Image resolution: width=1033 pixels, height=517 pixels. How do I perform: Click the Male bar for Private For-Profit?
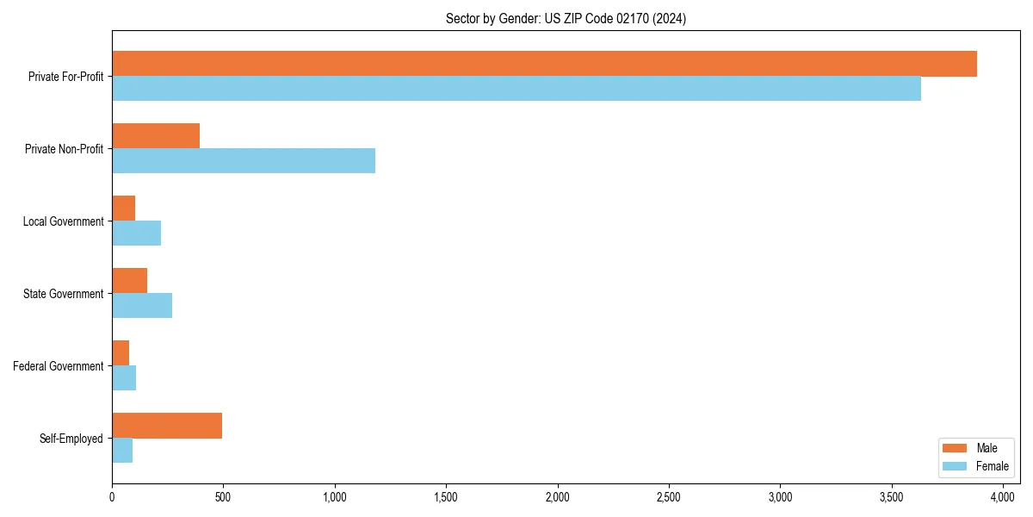[544, 64]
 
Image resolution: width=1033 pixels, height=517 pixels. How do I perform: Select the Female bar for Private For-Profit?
[516, 89]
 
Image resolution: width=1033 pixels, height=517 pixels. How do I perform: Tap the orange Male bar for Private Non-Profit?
[156, 136]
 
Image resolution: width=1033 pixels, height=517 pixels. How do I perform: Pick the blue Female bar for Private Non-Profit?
[244, 161]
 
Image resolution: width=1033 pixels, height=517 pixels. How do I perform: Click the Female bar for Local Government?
[136, 234]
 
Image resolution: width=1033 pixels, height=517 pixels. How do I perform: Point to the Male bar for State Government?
[129, 281]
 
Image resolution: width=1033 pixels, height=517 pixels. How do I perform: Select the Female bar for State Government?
[142, 306]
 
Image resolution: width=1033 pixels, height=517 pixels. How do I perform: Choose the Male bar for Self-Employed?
[167, 426]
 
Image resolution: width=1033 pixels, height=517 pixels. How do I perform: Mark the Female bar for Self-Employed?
[122, 451]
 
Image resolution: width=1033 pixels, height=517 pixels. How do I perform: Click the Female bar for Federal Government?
[124, 378]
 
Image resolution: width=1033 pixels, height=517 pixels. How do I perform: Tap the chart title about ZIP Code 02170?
[566, 18]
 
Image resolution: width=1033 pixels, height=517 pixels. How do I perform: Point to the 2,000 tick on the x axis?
[557, 497]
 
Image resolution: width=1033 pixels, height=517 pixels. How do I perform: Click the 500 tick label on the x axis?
[223, 497]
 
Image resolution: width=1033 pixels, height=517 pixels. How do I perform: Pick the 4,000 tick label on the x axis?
[1002, 497]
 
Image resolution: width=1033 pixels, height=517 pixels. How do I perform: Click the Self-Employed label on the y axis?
[71, 439]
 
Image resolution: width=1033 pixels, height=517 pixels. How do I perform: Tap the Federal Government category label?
[59, 366]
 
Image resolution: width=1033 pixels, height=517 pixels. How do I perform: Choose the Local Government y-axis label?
[63, 221]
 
